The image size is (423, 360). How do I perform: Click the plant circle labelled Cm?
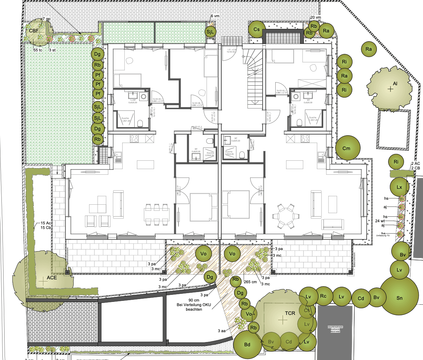click(347, 148)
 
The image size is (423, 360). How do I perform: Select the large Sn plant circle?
click(399, 298)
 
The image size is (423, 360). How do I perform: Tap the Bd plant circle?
click(247, 344)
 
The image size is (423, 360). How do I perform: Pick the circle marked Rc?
click(323, 296)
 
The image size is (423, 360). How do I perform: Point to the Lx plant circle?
click(399, 187)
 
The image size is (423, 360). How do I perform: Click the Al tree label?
click(395, 84)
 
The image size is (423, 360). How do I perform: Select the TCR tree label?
click(290, 313)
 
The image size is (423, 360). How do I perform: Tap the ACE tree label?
click(52, 278)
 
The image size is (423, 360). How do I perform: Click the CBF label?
click(34, 31)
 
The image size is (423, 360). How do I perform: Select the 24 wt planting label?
click(380, 221)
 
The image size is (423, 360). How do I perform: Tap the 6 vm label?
click(215, 16)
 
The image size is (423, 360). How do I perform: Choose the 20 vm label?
click(315, 18)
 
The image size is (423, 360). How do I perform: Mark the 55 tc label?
click(38, 50)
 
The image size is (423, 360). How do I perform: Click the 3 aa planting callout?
click(222, 331)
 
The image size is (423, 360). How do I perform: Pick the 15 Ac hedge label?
click(46, 223)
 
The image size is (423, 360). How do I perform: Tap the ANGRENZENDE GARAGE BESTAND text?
click(335, 329)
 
